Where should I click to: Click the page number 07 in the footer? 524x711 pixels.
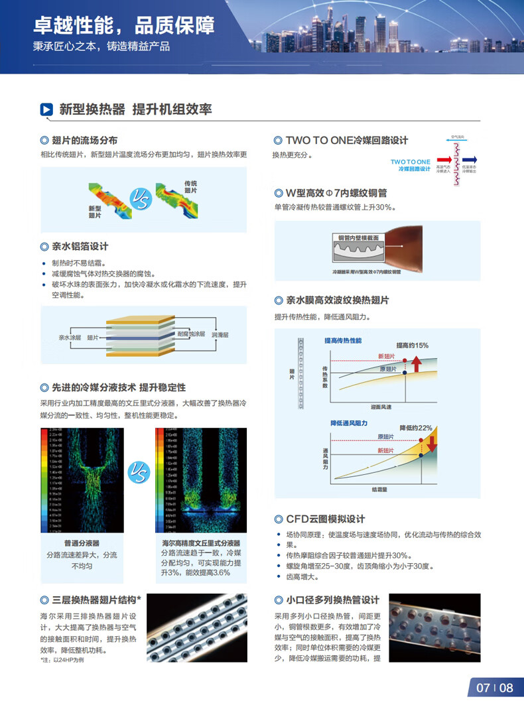click(x=483, y=688)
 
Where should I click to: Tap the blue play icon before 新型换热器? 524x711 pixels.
click(x=46, y=109)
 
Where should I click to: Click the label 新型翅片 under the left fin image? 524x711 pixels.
click(x=95, y=212)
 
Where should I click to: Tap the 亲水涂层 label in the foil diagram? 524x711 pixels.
click(x=70, y=338)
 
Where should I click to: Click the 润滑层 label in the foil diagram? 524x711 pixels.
click(x=220, y=336)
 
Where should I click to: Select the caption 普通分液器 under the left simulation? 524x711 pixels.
click(x=82, y=542)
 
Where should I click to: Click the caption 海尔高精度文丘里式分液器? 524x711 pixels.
click(x=200, y=542)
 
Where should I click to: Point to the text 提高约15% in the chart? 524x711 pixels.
click(x=412, y=345)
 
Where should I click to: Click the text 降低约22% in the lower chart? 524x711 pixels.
click(x=415, y=428)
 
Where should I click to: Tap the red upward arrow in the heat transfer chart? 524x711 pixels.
click(x=417, y=363)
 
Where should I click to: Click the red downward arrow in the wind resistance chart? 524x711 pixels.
click(x=432, y=442)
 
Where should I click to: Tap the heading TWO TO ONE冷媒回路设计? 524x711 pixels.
click(x=346, y=140)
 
